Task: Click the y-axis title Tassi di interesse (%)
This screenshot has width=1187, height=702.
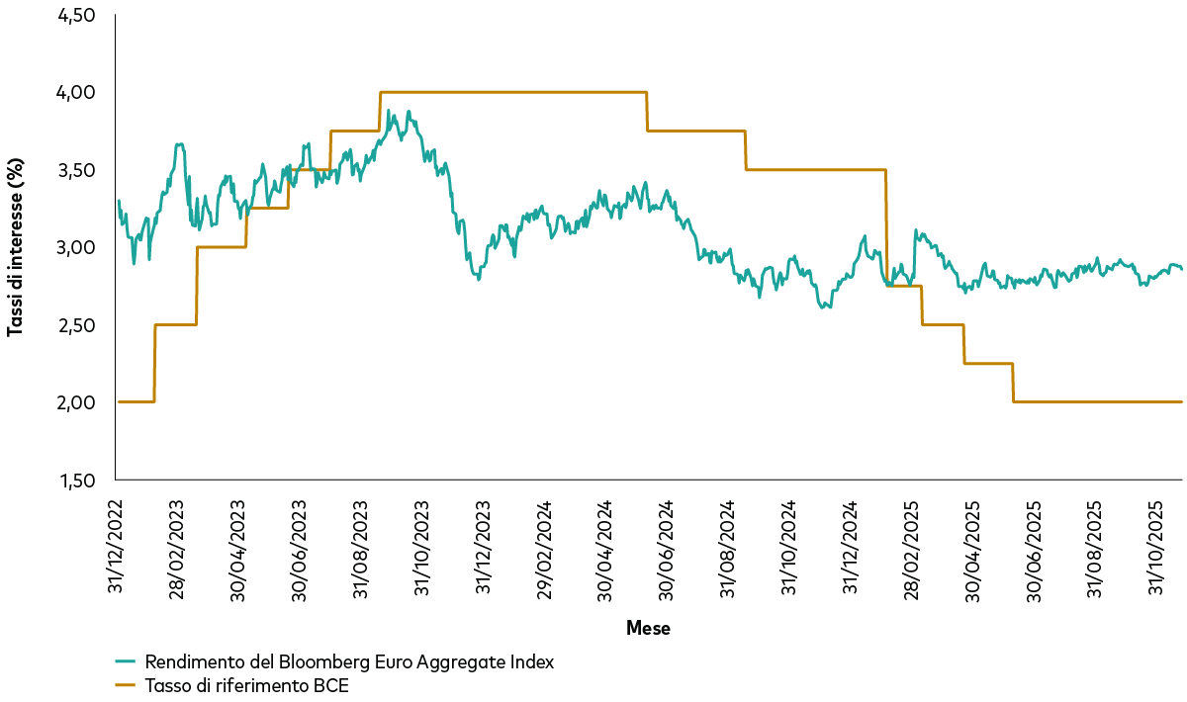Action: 15,247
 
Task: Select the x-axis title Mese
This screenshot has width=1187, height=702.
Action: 648,628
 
